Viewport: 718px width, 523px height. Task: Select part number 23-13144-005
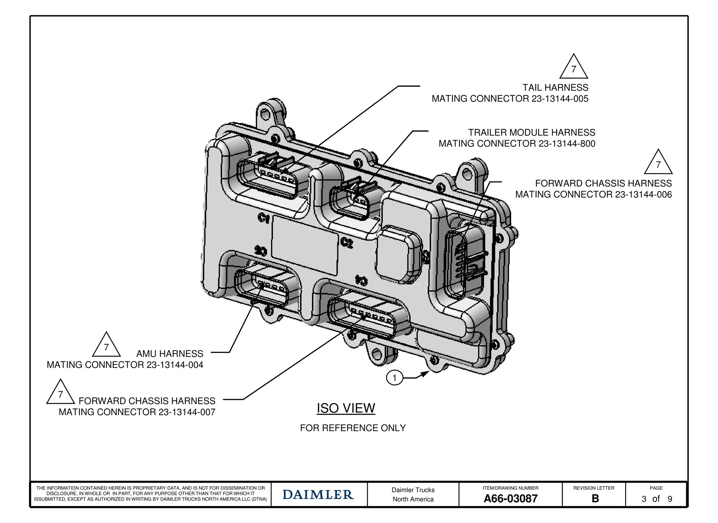click(560, 99)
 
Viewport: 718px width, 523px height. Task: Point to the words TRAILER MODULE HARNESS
click(531, 133)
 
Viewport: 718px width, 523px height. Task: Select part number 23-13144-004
click(175, 365)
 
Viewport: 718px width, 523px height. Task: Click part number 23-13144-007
click(187, 412)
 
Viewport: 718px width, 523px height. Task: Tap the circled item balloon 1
click(394, 378)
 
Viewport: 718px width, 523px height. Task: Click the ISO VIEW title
click(346, 408)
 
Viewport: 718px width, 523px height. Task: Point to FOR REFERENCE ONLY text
click(353, 428)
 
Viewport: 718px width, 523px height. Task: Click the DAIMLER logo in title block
click(318, 495)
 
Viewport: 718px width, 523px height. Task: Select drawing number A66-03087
click(510, 498)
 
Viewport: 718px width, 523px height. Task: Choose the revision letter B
click(595, 498)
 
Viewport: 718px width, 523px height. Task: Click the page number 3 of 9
click(657, 499)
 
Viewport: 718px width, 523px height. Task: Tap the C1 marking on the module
click(264, 218)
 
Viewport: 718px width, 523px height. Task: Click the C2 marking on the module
click(346, 243)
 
